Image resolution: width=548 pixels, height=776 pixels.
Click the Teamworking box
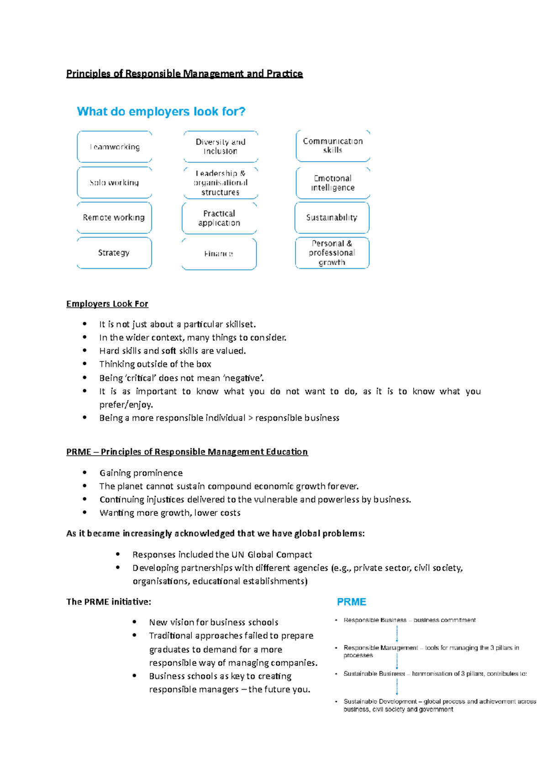click(114, 147)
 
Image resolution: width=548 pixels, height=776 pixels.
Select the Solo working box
click(114, 182)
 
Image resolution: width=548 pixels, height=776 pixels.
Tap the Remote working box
click(114, 218)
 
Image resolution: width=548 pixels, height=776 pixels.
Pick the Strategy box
click(114, 253)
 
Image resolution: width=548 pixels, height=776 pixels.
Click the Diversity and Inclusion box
click(221, 146)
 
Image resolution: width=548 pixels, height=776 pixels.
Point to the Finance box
click(219, 254)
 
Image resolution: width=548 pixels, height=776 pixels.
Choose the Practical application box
click(219, 218)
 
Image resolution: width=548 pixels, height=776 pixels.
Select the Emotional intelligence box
click(332, 183)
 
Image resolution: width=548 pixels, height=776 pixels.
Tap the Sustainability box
click(332, 218)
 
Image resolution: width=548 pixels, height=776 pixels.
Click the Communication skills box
click(332, 145)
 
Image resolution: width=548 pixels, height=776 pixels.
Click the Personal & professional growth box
click(332, 253)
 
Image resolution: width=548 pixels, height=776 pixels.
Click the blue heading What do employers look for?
click(161, 112)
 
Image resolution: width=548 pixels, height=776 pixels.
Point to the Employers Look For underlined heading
click(107, 304)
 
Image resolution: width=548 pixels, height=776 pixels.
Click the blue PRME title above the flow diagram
click(351, 602)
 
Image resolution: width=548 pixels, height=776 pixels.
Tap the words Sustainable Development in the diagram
click(380, 702)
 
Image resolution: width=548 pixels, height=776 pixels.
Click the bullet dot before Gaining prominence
click(85, 473)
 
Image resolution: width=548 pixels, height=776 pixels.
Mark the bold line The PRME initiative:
click(109, 602)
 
